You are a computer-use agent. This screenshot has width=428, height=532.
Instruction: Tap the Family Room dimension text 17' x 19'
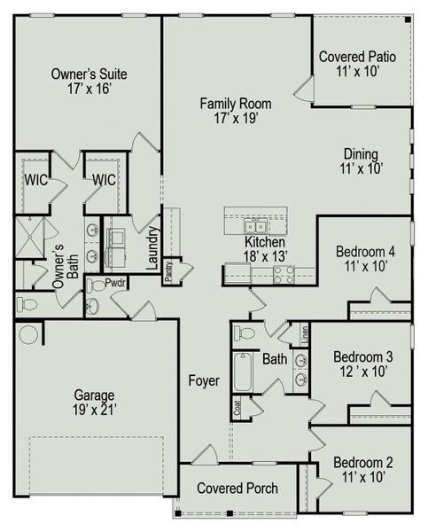235,118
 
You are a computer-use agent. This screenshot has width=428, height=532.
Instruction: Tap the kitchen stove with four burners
284,275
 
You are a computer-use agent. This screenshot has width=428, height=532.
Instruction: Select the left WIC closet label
35,180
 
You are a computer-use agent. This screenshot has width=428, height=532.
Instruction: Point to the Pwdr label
116,283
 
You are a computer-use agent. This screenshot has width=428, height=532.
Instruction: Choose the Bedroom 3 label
363,357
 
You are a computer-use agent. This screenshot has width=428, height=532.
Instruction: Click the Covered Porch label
237,489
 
